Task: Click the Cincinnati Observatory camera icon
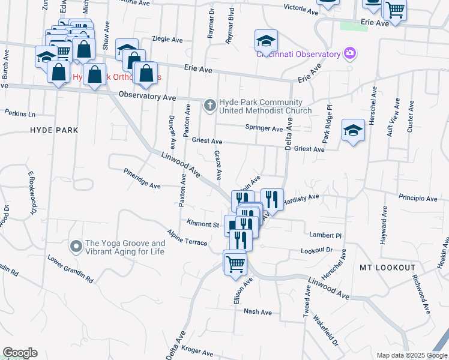[x=350, y=54]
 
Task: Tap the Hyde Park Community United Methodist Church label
[x=265, y=106]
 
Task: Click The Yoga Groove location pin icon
[x=76, y=247]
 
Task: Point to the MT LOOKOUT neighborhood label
[x=387, y=267]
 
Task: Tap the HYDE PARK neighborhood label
[x=55, y=130]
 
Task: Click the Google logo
[x=20, y=353]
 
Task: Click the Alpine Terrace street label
[x=188, y=238]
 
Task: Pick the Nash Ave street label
[x=258, y=312]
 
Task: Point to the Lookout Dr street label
[x=316, y=250]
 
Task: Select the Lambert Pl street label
[x=325, y=236]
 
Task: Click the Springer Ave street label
[x=264, y=128]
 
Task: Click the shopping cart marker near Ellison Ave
[x=235, y=263]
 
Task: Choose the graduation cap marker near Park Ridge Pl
[x=353, y=130]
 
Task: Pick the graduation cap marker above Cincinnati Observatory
[x=266, y=40]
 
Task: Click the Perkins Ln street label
[x=20, y=113]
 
